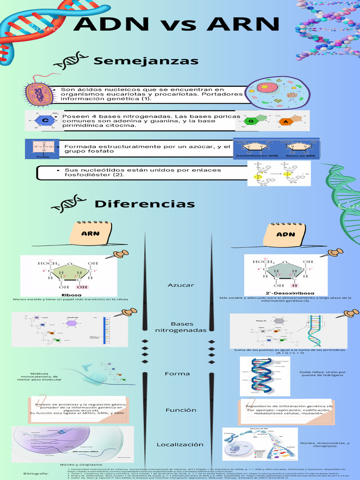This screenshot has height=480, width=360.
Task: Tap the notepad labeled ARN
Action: pos(90,233)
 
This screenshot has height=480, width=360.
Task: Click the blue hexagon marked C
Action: pos(45,121)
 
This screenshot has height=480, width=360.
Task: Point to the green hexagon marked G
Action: pos(251,121)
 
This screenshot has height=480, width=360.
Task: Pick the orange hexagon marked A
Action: pos(285,122)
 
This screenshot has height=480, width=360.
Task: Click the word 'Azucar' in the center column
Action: pos(180,285)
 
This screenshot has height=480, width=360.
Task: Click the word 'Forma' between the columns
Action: pos(177,374)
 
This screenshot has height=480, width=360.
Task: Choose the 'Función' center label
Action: pos(180,410)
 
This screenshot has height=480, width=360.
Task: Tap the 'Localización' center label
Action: pos(180,444)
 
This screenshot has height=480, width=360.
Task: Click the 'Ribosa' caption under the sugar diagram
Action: pos(68,295)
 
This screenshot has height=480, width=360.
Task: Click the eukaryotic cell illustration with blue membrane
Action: pos(277,92)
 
